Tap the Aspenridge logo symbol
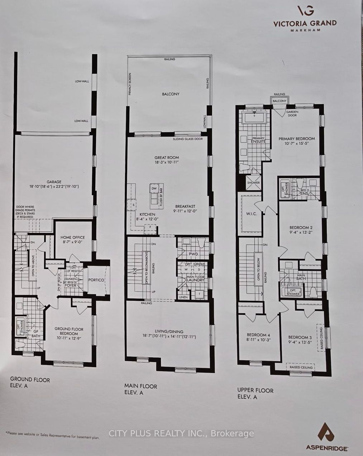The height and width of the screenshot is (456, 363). click(x=326, y=432)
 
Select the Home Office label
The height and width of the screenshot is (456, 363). click(x=72, y=237)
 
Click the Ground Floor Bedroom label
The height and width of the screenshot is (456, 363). click(x=69, y=329)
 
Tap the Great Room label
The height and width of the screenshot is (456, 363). click(x=167, y=158)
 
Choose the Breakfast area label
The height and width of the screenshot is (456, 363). click(x=185, y=206)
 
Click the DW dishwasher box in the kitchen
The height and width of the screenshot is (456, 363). click(x=154, y=188)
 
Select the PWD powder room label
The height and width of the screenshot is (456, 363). click(x=193, y=254)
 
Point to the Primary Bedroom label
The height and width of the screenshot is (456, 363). click(x=297, y=139)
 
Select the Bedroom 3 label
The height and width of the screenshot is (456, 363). click(x=300, y=337)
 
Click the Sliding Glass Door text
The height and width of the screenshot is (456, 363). click(x=187, y=139)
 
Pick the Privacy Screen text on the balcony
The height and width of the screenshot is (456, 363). click(x=130, y=84)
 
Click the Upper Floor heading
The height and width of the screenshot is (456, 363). click(x=255, y=390)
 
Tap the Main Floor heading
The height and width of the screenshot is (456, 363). click(x=140, y=386)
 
